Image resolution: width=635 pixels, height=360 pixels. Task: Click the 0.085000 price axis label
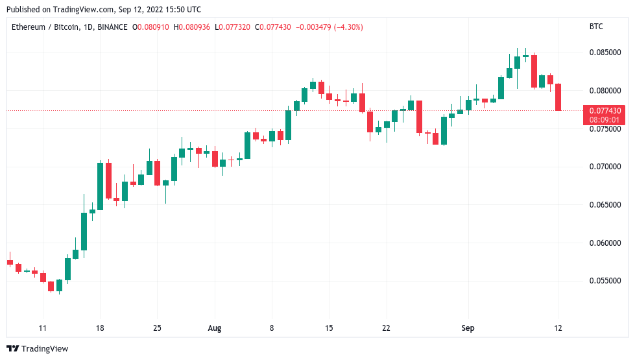pos(604,53)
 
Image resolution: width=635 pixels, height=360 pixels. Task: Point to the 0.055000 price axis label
pos(604,281)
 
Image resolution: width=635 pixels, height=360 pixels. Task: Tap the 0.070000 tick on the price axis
pos(604,167)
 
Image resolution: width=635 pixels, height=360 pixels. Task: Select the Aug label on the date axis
pos(215,328)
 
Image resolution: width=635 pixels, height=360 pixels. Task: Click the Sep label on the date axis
pos(468,328)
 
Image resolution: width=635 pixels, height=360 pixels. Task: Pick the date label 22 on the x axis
pos(386,328)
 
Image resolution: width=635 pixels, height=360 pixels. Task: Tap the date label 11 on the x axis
pos(43,328)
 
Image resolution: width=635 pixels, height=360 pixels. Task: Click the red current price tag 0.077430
pos(605,111)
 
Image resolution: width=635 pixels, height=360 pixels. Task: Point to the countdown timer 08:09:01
pos(605,120)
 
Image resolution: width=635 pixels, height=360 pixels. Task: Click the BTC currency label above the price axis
pos(596,27)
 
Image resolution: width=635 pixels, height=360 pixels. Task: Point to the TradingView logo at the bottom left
pos(37,349)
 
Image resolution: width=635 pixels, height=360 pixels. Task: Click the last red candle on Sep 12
pos(558,97)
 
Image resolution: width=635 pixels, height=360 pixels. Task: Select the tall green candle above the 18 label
pos(101,186)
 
